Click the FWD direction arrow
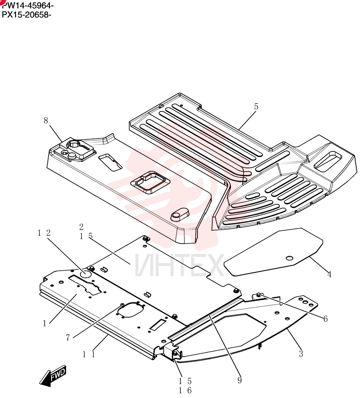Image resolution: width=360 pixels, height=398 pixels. click(x=53, y=376)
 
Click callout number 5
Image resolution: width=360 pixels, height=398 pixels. click(x=256, y=107)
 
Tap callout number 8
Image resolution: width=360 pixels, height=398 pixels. click(x=46, y=121)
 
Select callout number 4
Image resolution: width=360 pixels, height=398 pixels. click(x=329, y=274)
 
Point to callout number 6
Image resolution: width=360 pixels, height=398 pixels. click(x=325, y=318)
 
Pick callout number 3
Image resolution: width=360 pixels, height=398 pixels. click(x=301, y=353)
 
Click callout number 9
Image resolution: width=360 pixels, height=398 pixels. click(x=240, y=380)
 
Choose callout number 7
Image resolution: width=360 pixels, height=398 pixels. click(x=68, y=338)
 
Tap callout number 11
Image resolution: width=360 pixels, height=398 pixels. click(x=89, y=354)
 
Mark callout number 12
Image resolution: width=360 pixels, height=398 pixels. click(x=44, y=233)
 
